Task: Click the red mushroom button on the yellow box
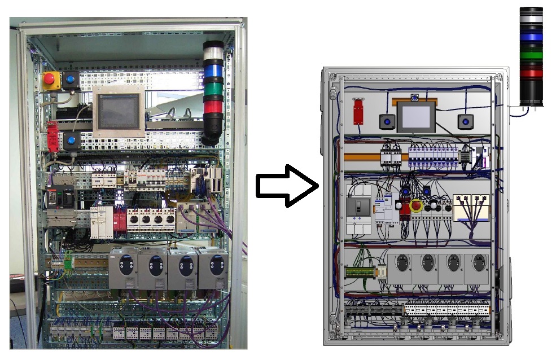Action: [50, 78]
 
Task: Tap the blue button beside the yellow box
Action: [71, 80]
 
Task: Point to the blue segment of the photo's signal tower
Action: [213, 71]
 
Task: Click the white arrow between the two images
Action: [287, 185]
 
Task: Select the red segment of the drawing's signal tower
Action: [531, 72]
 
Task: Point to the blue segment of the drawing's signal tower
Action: [531, 37]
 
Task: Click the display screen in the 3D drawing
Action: [416, 116]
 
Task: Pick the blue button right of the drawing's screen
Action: [465, 121]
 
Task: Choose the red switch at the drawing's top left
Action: [358, 111]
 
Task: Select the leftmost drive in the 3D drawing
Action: [400, 268]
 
